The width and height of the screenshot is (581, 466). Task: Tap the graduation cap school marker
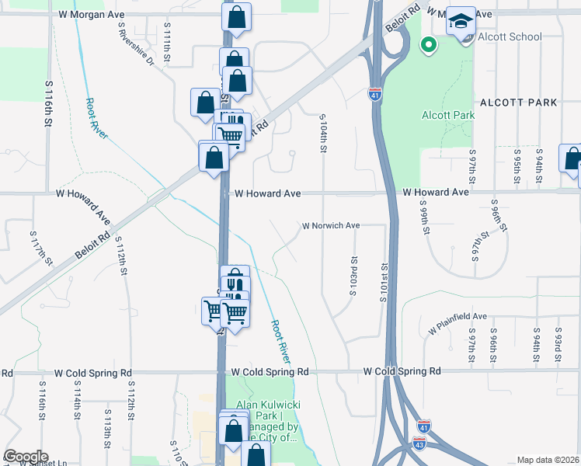pos(461,22)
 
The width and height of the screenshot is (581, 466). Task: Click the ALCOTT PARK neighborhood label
pos(519,103)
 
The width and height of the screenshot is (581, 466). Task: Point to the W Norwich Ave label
pos(331,226)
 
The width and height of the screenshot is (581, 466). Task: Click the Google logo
pos(26,457)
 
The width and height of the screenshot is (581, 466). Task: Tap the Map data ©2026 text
pos(548,460)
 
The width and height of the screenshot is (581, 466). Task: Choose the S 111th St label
pos(167,43)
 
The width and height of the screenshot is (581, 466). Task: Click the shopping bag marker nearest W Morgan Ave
pos(237,18)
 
